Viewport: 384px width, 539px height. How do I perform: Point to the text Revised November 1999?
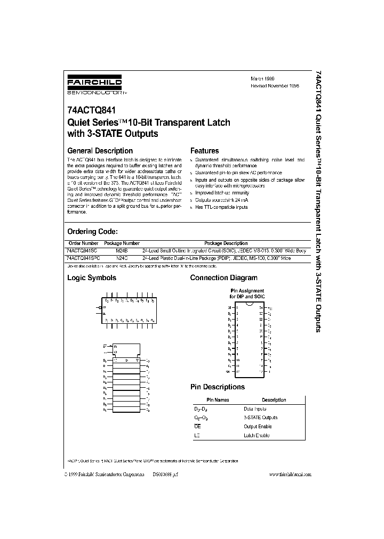pos(275,85)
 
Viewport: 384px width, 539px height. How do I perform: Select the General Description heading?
pos(100,151)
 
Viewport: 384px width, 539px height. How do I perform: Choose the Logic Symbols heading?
pos(91,277)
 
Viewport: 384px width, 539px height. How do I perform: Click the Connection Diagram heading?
pos(223,277)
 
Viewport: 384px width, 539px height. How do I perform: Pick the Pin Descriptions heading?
pos(218,387)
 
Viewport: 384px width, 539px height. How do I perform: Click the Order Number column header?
pos(81,243)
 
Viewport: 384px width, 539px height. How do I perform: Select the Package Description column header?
pos(226,243)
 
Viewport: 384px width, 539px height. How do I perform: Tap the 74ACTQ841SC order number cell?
pos(82,250)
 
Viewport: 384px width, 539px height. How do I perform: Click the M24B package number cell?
pos(123,250)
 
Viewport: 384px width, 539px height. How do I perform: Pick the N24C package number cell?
pos(123,257)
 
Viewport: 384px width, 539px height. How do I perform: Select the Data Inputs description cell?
pos(255,409)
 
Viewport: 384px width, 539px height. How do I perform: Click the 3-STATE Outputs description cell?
pos(260,418)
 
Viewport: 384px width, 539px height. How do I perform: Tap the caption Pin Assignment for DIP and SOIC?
pos(247,293)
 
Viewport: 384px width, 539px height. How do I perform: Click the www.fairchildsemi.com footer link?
pos(290,475)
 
